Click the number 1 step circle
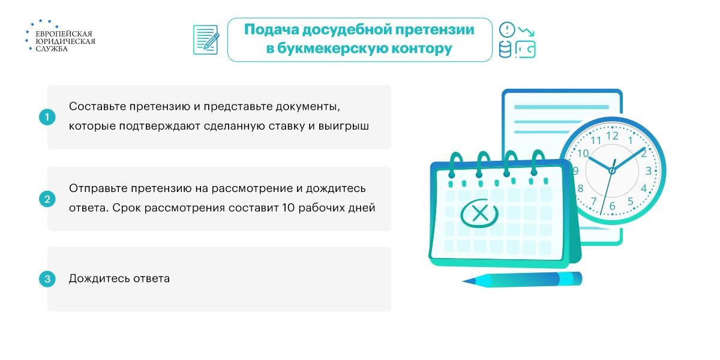47,117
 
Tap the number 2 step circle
47,199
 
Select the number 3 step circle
47,278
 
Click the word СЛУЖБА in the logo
52,49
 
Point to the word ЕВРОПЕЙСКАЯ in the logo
64,34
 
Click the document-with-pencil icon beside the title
206,40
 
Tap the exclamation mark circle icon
507,30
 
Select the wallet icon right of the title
526,49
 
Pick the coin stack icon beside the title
505,50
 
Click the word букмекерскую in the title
328,49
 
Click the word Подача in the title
272,29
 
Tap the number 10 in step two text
289,208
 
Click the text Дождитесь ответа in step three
119,278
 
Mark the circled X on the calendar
479,214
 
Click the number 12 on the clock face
612,136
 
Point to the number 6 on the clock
613,206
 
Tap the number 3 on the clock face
649,170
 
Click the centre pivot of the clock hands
612,170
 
